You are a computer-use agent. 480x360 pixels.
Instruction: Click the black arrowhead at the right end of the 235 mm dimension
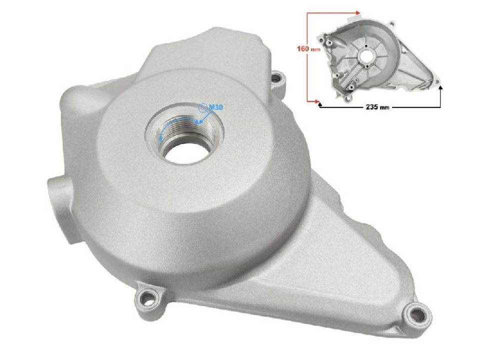[x=440, y=87]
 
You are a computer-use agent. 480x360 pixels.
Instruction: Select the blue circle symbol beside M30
[x=202, y=107]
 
